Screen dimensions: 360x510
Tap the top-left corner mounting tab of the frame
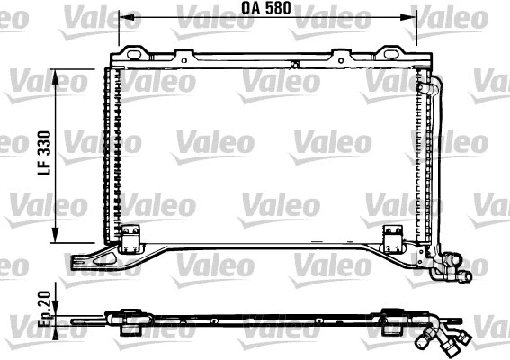tap(134, 53)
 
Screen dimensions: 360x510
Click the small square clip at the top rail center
tap(294, 63)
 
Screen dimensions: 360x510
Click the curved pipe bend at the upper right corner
tap(435, 87)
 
